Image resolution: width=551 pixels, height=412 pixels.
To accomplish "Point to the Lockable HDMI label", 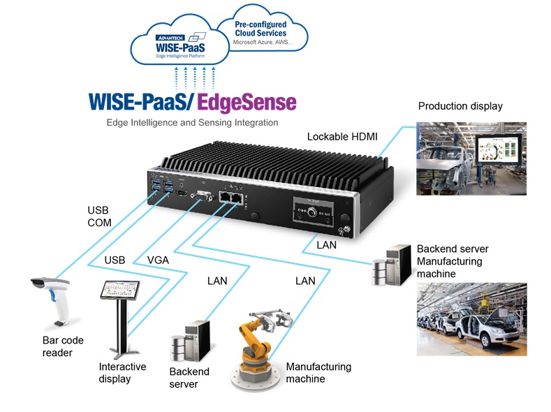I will click(x=341, y=136).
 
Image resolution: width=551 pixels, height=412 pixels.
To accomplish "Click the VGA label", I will click(x=159, y=260).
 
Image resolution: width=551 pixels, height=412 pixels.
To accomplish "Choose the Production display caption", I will click(x=460, y=106).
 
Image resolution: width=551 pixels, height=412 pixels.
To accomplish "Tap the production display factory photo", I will click(x=483, y=160).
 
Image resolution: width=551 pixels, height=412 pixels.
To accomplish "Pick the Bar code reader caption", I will click(x=62, y=346).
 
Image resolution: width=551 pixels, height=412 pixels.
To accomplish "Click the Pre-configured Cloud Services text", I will click(x=260, y=28).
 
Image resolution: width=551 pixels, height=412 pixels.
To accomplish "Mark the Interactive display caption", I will click(x=122, y=373).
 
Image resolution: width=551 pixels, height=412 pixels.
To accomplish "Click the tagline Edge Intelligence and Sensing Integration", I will click(x=192, y=122).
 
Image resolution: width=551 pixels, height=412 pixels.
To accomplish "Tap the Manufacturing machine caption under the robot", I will click(x=318, y=373).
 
